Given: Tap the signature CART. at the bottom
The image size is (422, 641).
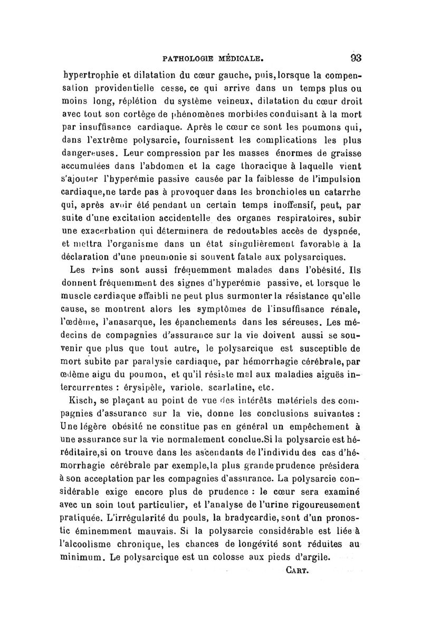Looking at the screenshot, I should [299, 571].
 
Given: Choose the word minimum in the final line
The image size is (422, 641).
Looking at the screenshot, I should [81, 557].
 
